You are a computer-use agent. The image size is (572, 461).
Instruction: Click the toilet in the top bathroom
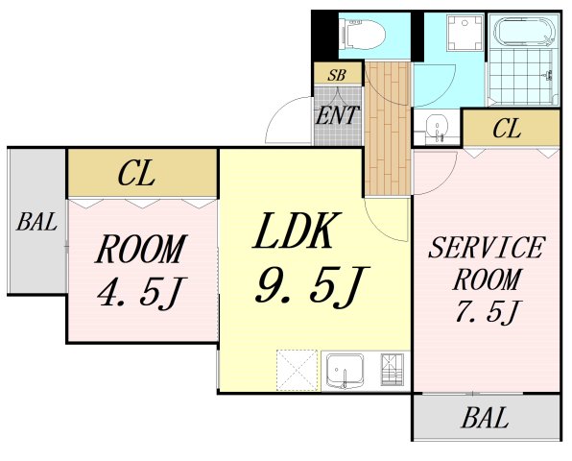click(362, 35)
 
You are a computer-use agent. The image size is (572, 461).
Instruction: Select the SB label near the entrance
click(336, 75)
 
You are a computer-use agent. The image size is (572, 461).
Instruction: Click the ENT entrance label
click(337, 115)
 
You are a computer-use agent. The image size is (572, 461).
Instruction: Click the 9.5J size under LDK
click(311, 285)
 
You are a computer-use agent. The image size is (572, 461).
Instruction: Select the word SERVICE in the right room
click(487, 248)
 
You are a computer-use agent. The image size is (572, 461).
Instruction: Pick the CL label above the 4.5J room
click(136, 174)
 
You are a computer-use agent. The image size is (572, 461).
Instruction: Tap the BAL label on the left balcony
click(36, 222)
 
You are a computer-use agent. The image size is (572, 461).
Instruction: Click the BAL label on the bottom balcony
click(486, 418)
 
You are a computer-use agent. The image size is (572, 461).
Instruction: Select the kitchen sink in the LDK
click(345, 371)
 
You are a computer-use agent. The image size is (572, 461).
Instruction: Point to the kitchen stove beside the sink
click(393, 370)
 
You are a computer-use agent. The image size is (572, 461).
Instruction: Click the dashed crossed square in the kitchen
click(297, 370)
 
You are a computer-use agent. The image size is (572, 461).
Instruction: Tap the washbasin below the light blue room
click(437, 127)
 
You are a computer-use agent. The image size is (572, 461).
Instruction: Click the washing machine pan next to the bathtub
click(465, 33)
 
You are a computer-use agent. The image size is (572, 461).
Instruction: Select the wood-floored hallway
click(388, 128)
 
